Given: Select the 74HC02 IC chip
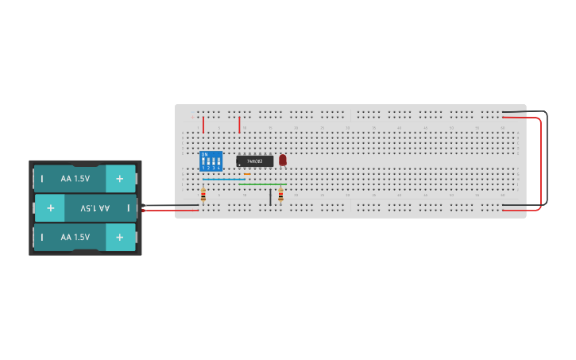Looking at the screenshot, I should click(x=254, y=161).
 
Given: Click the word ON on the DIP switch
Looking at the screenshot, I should click(x=205, y=154).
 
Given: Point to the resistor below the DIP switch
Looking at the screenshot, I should click(x=204, y=195).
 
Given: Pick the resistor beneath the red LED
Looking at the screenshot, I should click(x=280, y=195).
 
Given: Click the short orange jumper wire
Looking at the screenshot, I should click(x=247, y=173).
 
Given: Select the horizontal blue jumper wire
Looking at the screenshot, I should click(x=224, y=180).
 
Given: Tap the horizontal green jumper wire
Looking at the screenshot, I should click(x=262, y=184).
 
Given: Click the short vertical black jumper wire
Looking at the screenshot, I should click(x=270, y=197).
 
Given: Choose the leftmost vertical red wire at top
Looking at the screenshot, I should click(x=203, y=125).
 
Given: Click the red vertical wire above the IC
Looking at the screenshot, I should click(x=239, y=125).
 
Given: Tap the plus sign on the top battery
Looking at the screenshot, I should click(x=119, y=179).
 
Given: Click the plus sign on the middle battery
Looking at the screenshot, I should click(x=50, y=208).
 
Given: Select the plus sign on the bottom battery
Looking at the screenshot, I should click(x=119, y=237).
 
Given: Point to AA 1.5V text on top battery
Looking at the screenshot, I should click(x=75, y=179).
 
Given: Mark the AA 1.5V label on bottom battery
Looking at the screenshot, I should click(x=75, y=237).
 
